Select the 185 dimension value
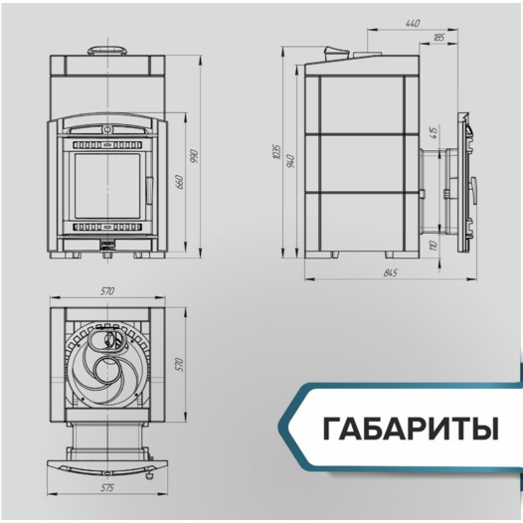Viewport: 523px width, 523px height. [438, 37]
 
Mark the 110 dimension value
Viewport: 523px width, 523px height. [433, 244]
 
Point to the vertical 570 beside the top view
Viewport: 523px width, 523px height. [180, 364]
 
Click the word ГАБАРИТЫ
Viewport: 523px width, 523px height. [409, 431]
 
